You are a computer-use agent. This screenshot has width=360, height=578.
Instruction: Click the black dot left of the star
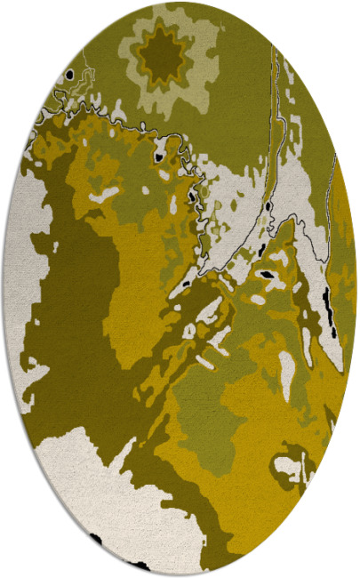pyautogui.click(x=68, y=76)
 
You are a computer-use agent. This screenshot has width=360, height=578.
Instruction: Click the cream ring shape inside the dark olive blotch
pyautogui.click(x=292, y=464)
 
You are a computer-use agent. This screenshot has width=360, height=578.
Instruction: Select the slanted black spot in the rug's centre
pyautogui.click(x=266, y=277)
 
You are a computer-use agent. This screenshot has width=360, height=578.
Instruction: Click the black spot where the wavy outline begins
pyautogui.click(x=159, y=157)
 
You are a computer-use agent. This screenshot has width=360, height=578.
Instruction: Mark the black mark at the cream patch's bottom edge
pyautogui.click(x=95, y=539)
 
